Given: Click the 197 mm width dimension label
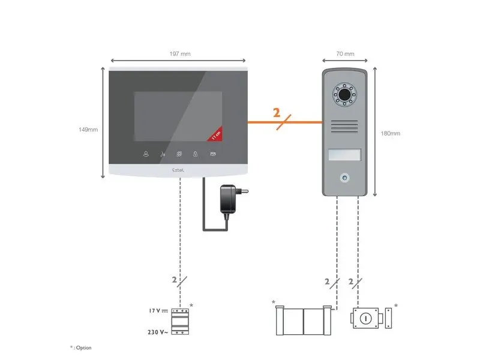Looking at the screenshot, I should click(178, 54).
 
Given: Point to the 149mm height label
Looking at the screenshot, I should click(88, 129).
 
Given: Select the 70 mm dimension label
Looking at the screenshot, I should click(344, 54).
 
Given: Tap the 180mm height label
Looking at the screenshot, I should click(391, 133).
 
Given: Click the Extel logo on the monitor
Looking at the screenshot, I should click(179, 170).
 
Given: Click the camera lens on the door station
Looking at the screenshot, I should click(344, 95).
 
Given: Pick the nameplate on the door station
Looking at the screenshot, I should click(344, 155).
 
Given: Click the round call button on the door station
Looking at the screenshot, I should click(344, 178).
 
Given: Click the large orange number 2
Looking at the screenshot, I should click(277, 113).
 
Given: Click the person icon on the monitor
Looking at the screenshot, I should click(145, 154).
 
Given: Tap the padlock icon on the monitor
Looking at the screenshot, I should click(196, 154).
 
